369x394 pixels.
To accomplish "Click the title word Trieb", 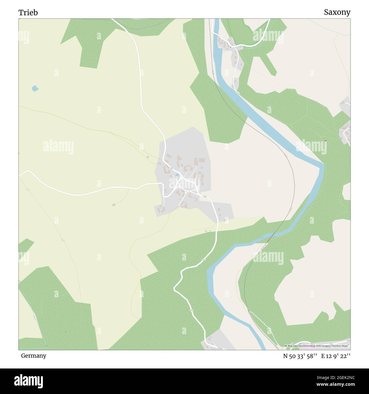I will (28, 12).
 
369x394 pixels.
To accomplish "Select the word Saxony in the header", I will (337, 12).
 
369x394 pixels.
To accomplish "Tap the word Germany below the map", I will (33, 355).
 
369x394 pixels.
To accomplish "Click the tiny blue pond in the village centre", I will (177, 175).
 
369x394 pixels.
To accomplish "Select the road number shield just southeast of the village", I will (204, 197).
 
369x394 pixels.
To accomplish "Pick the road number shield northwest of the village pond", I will (171, 168).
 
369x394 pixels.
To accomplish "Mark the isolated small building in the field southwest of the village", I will (114, 205).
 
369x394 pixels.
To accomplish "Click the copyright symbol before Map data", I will (286, 346).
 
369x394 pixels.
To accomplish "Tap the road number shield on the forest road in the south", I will (192, 311).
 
